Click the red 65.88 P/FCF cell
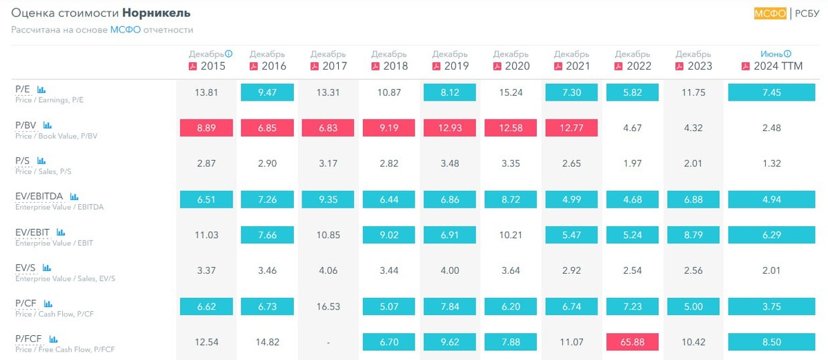click(x=632, y=341)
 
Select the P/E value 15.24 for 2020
click(x=511, y=92)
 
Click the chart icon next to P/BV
click(x=48, y=125)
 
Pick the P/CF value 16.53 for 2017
click(x=328, y=306)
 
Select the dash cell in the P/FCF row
click(x=328, y=341)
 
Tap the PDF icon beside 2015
click(x=193, y=66)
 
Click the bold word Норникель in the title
click(x=157, y=13)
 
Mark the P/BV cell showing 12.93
click(x=450, y=128)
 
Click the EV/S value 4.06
click(x=328, y=270)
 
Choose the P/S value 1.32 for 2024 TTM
click(x=771, y=163)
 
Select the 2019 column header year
click(x=456, y=66)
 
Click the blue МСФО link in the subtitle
click(x=125, y=30)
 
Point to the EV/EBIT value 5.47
click(x=571, y=234)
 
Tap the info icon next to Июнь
click(x=787, y=54)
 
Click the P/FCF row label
click(x=28, y=339)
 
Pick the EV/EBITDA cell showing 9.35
click(x=328, y=199)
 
